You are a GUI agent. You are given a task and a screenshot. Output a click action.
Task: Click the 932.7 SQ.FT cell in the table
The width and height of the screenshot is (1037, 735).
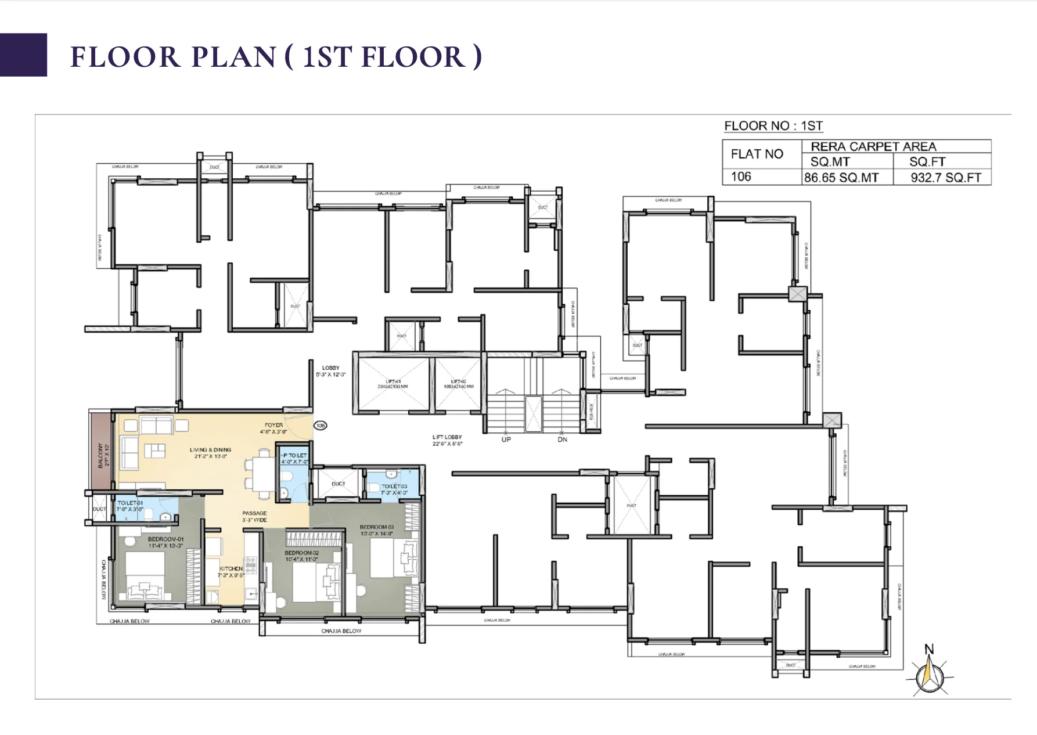[x=945, y=178]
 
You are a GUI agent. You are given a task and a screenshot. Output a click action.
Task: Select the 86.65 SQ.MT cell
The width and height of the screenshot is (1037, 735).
[x=841, y=178]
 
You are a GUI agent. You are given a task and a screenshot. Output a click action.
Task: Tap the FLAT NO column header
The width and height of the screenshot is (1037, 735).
[x=757, y=154]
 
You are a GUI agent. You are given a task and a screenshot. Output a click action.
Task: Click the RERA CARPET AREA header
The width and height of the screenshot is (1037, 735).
[x=873, y=146]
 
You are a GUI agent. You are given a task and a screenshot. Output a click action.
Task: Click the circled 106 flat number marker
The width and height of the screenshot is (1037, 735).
[x=320, y=426]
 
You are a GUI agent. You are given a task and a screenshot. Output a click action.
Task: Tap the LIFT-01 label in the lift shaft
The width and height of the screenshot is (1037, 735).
[x=393, y=381]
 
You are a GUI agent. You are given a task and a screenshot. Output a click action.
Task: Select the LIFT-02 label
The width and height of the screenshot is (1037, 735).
[x=458, y=381]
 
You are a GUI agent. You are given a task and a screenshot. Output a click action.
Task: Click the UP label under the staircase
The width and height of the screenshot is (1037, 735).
[x=506, y=439]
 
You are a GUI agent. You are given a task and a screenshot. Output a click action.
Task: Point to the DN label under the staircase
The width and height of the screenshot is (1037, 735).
[x=562, y=439]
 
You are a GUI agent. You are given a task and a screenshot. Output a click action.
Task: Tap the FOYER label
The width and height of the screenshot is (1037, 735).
[x=273, y=425]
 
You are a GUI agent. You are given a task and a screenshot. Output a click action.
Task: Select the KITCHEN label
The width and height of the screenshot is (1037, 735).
[x=231, y=568]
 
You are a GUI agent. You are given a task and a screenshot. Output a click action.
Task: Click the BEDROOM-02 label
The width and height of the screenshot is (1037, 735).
[x=301, y=553]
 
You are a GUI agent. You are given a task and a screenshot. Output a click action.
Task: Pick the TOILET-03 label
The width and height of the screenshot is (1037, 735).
[x=394, y=487]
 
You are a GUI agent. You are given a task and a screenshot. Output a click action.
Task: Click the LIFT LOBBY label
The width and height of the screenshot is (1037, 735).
[x=447, y=437]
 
